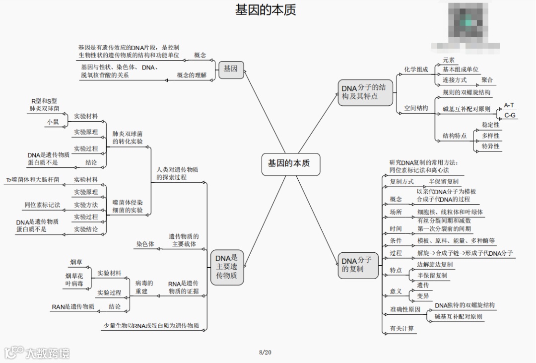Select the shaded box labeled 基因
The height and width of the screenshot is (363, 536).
point(231,69)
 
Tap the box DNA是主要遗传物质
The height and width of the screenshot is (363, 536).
point(227,267)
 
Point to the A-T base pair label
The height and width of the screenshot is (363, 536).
point(509,105)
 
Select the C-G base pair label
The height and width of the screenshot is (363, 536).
point(510,115)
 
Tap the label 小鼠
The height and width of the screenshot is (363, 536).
point(53,121)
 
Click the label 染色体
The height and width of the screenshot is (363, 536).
point(145,244)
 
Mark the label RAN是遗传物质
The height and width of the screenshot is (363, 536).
point(73,306)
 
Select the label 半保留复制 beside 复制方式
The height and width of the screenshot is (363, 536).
point(444,182)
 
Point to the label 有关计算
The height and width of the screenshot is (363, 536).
point(402,328)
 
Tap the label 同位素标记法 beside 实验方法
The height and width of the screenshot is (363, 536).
point(42,205)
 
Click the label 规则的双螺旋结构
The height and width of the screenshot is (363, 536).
point(467,92)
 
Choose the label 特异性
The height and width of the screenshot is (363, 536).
point(490,146)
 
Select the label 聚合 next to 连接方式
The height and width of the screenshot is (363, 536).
point(487,80)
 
